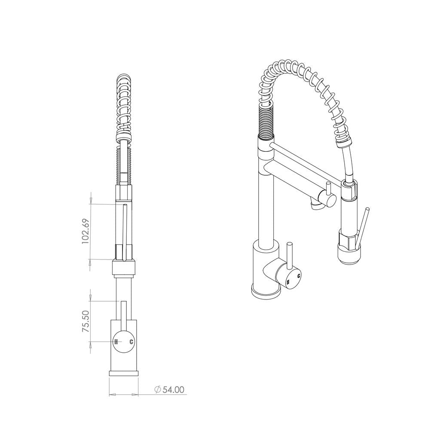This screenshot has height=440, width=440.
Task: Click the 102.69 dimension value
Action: tap(86, 232)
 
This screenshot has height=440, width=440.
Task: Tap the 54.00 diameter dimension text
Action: tap(174, 390)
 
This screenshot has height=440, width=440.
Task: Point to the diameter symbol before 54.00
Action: tap(157, 390)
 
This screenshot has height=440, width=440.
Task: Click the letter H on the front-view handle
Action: tap(116, 342)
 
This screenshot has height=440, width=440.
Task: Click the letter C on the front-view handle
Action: tap(131, 342)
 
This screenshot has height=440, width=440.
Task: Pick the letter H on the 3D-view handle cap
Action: tap(287, 282)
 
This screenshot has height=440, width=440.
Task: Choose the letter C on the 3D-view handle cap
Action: tap(298, 275)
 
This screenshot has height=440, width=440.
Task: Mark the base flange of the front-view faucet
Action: tap(124, 373)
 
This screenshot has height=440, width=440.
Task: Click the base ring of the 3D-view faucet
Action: tap(266, 293)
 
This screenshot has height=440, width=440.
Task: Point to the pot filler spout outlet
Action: tap(316, 207)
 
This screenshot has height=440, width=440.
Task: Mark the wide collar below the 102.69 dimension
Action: tap(124, 267)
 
